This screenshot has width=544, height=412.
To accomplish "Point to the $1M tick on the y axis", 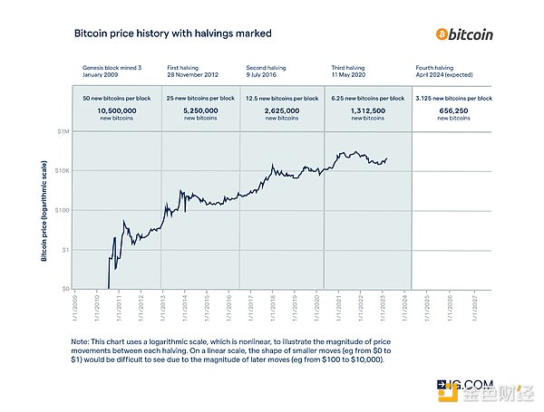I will point(63,131).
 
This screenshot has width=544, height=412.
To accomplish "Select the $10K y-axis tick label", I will point(62,170).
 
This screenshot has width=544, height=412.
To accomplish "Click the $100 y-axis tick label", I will point(62,210).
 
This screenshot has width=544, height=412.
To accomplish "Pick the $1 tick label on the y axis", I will point(64,249).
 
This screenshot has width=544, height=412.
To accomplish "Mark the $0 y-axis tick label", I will point(64,289).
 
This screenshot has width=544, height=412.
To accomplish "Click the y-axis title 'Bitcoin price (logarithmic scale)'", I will point(44,211).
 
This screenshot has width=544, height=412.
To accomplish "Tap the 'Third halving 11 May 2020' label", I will point(352,72).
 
